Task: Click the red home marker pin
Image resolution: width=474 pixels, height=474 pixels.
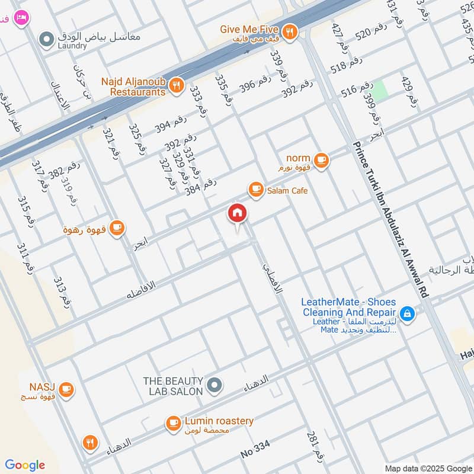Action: point(237,213)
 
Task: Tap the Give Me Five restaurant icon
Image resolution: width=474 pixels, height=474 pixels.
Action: point(290,32)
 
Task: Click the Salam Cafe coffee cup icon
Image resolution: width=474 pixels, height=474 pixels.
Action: point(256,190)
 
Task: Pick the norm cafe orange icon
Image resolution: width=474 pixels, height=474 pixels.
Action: point(321,161)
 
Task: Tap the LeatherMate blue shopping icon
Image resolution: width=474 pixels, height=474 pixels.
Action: point(407,313)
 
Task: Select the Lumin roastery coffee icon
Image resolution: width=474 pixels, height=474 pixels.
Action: point(173,422)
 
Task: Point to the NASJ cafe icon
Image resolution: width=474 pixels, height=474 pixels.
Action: point(66,389)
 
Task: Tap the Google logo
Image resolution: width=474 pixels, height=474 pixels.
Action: point(25,465)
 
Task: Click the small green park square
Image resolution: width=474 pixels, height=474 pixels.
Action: point(380,90)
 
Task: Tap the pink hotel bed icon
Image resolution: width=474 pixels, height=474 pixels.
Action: point(22,17)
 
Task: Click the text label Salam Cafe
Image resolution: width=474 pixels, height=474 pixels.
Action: point(287,190)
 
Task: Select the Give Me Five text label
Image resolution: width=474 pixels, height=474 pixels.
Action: point(249,28)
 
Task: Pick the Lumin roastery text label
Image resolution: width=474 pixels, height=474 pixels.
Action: point(219,421)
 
